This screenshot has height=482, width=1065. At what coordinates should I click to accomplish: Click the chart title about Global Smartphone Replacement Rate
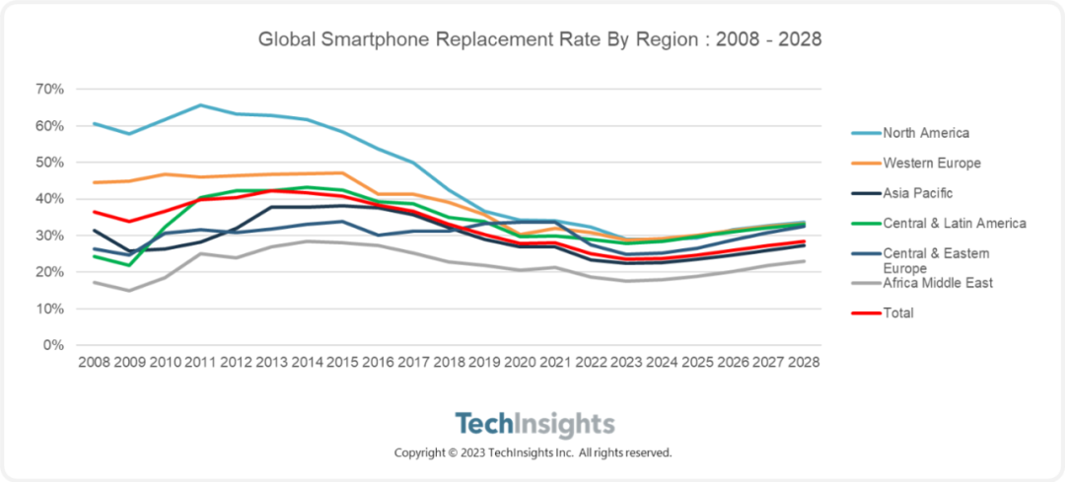coord(539,40)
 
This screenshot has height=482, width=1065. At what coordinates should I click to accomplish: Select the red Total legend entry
coord(898,312)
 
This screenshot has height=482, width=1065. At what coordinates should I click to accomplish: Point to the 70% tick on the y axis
coord(50,89)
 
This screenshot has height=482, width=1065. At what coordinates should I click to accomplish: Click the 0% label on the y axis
coord(54,345)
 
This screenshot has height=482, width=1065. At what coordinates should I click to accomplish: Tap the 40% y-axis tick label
coord(50,198)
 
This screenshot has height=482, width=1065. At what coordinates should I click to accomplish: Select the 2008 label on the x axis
coord(94,363)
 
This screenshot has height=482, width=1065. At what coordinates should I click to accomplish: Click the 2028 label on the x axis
coord(804,363)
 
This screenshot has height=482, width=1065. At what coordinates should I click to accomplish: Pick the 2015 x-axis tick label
coord(342,363)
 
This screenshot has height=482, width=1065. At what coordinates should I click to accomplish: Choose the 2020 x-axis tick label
coord(520,363)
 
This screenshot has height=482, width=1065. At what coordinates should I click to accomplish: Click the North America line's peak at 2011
coord(200,105)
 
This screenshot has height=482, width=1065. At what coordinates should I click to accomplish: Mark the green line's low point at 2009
coord(129,265)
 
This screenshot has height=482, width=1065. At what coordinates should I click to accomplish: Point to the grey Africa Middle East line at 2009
coord(129,290)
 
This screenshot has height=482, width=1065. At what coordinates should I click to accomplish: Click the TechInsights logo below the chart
coord(533,425)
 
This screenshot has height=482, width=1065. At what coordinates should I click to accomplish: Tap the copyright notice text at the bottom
coord(532,452)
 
